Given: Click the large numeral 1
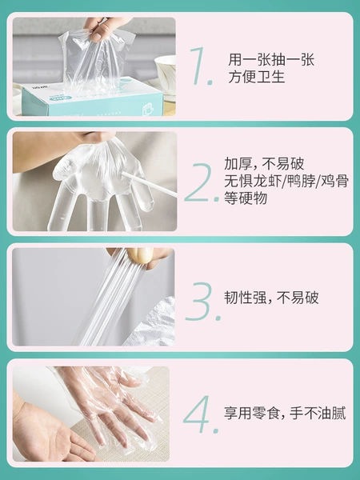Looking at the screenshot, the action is point(199,66).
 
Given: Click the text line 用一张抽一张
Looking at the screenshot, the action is point(271,60).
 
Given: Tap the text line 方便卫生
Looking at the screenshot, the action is point(257,77).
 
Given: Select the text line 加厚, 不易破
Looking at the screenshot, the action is point(264,164).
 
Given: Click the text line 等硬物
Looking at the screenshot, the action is point(246,198).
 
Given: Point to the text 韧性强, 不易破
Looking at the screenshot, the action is point(271,298).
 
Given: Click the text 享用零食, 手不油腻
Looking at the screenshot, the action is point(285,413).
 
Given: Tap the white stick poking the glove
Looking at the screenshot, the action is point(149,184).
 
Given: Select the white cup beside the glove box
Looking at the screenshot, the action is point(166,74).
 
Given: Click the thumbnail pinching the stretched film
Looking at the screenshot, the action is point(140,255).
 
